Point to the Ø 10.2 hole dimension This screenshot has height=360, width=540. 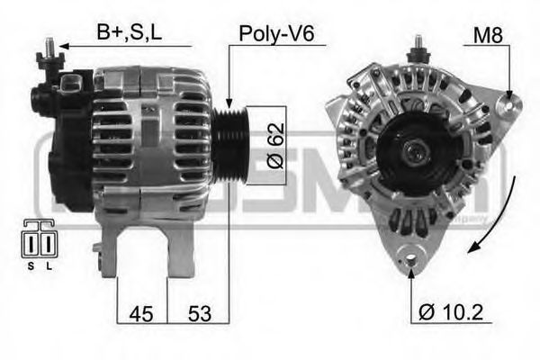pos(451,313)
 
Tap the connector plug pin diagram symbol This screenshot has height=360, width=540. pos(37,241)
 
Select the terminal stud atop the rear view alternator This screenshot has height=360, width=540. pos(417,49)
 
